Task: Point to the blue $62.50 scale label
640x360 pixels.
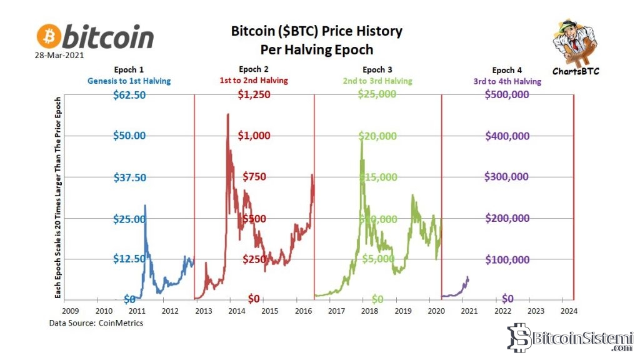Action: [x=129, y=94]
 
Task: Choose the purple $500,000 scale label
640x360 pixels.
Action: [x=507, y=94]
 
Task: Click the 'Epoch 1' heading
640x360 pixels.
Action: [x=129, y=70]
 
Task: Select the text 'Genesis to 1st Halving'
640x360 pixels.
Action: [x=129, y=81]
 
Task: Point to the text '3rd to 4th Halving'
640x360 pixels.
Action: [x=507, y=81]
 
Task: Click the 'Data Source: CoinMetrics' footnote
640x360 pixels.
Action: [x=96, y=323]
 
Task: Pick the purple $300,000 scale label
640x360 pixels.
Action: [x=507, y=177]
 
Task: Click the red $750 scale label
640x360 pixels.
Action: [x=254, y=177]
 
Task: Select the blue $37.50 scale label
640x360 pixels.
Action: [x=129, y=177]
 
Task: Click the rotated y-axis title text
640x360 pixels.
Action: [x=58, y=197]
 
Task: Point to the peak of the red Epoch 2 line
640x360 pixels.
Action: [x=227, y=114]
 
